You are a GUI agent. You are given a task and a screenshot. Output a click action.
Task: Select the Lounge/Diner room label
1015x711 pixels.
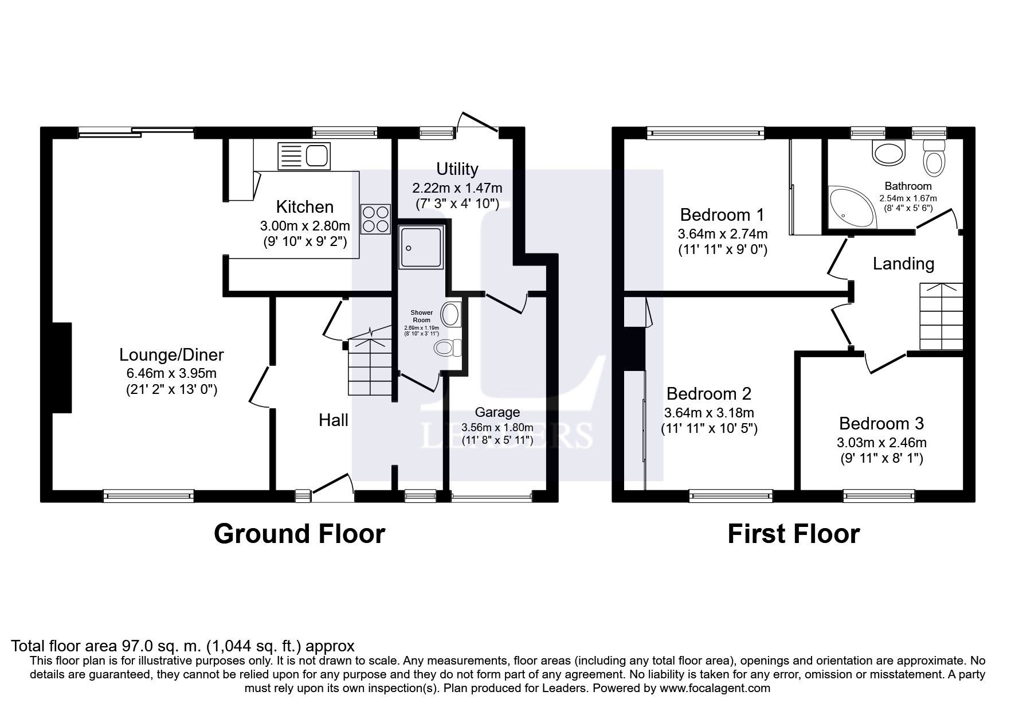tap(171, 355)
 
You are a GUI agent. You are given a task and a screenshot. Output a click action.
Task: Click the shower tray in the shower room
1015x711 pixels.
tap(421, 247)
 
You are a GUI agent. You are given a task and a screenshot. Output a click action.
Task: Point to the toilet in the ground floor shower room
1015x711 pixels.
tap(448, 347)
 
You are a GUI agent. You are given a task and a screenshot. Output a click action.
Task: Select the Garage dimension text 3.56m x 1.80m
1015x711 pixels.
tap(497, 427)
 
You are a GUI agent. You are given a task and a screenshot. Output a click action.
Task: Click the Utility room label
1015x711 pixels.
tap(457, 169)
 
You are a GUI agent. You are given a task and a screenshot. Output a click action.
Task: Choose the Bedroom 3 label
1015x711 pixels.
tap(881, 424)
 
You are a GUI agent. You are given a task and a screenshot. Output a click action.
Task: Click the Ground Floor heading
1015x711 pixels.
tap(299, 534)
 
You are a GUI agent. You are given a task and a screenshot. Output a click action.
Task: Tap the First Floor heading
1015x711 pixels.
tap(793, 534)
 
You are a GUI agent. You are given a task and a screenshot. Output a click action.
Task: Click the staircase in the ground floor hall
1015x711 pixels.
tap(370, 367)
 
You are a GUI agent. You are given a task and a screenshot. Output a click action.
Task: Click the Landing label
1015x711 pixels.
tap(903, 264)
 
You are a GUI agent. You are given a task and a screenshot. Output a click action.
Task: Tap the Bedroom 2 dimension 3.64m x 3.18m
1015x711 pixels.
tap(709, 413)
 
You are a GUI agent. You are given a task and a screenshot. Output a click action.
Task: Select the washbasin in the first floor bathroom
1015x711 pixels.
tap(887, 154)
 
